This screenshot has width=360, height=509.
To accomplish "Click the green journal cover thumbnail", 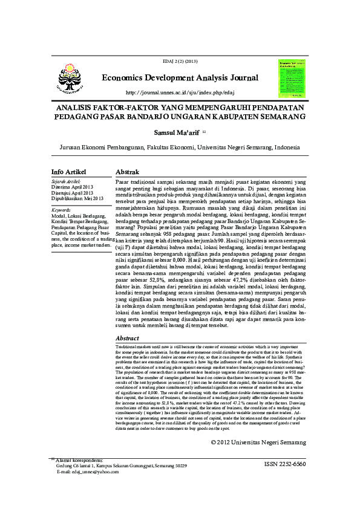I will [292, 79].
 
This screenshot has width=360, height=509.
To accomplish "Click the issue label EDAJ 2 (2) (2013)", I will [180, 62].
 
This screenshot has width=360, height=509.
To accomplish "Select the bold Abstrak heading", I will [128, 172].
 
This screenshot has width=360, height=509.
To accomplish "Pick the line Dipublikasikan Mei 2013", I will [77, 198].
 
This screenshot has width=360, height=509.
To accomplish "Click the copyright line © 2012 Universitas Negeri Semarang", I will [258, 443].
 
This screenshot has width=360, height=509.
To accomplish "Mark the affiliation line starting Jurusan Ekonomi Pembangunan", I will [180, 147].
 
